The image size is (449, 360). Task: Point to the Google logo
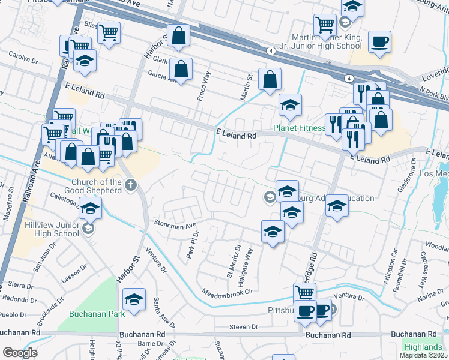point(20,352)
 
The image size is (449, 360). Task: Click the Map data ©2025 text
point(424,355)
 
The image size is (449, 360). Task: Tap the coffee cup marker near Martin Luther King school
point(379,42)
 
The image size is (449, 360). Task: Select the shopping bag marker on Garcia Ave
point(181,69)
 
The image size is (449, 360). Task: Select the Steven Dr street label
point(243,327)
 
